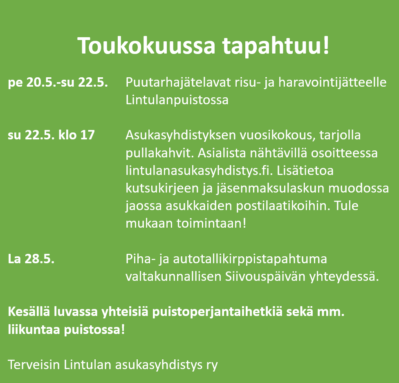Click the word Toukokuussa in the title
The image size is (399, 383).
point(146,45)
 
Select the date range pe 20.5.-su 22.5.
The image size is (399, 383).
point(58,83)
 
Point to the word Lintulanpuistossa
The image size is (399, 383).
point(177,99)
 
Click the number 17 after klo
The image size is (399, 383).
point(87,135)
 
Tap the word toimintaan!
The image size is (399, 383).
point(211,223)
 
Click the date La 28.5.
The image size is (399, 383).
point(31,259)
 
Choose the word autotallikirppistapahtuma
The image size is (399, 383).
point(250,260)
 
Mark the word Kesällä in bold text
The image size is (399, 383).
point(29,312)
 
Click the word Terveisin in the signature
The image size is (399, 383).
point(34,365)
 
